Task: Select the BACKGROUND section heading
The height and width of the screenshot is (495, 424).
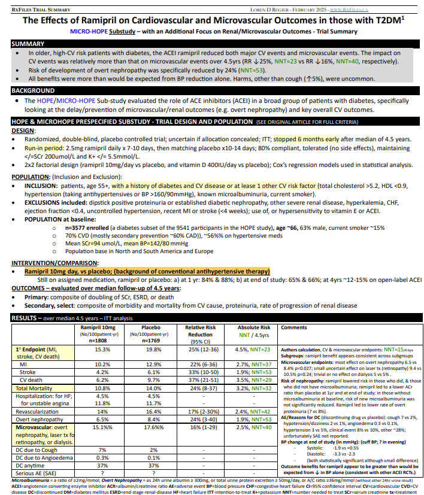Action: [x=34, y=90]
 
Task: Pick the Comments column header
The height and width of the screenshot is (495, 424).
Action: [x=293, y=328]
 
